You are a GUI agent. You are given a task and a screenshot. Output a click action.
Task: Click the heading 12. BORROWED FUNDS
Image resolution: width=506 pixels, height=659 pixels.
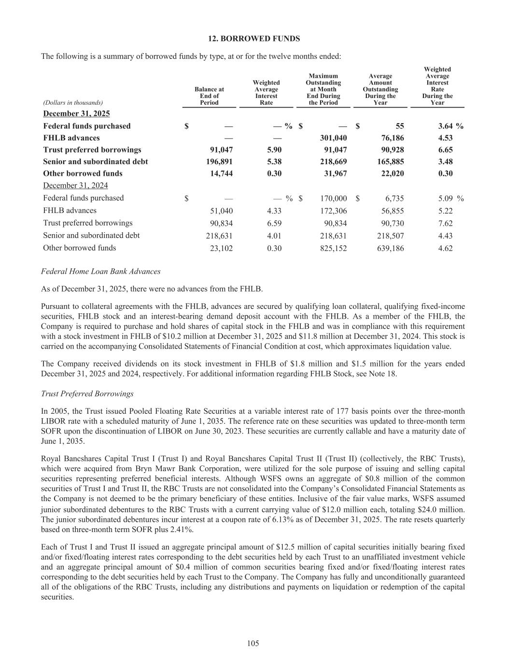(x=253, y=39)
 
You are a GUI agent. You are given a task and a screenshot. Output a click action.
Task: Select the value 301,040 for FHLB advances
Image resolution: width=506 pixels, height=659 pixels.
(x=333, y=138)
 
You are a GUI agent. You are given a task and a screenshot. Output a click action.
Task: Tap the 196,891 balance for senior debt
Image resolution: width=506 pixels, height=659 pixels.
(x=219, y=162)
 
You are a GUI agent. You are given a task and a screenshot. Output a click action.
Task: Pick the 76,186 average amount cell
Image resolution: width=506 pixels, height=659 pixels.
(x=391, y=138)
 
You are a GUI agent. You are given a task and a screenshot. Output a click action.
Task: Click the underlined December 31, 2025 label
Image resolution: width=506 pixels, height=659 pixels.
(x=76, y=114)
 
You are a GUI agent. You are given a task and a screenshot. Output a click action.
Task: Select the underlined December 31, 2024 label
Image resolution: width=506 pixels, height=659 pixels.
(x=75, y=186)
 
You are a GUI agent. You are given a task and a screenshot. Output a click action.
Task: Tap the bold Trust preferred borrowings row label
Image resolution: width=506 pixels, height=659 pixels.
(x=92, y=150)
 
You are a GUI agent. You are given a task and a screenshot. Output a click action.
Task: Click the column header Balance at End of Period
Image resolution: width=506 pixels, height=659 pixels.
(x=209, y=96)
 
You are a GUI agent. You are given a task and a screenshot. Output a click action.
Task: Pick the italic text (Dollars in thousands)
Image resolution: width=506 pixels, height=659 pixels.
(x=72, y=103)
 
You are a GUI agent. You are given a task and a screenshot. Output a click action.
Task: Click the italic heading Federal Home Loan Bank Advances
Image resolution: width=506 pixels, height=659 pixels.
(x=101, y=272)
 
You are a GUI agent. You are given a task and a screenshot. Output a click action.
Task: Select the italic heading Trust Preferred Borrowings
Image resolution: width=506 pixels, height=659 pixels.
(x=87, y=394)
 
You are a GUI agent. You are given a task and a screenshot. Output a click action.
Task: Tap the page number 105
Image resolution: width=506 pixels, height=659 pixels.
(x=253, y=643)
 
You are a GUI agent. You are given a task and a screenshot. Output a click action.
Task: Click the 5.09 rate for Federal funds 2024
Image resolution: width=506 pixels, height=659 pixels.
(x=445, y=198)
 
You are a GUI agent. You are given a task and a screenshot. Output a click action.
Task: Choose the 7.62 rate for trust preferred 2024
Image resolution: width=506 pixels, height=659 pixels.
(x=445, y=224)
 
